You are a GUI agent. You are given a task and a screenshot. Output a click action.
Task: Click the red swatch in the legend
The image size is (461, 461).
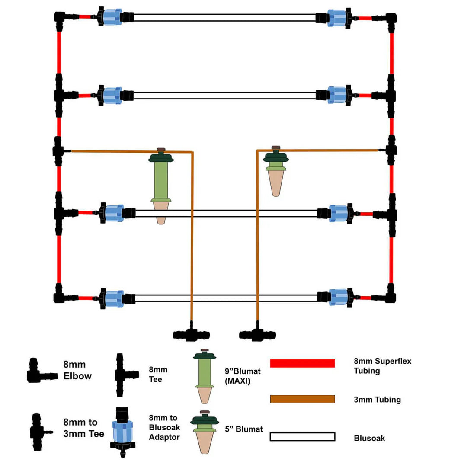[x=302, y=363]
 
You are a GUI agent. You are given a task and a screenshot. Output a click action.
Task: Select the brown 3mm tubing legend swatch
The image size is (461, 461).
[x=302, y=399]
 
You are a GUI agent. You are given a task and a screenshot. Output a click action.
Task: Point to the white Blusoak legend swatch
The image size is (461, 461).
[x=302, y=437]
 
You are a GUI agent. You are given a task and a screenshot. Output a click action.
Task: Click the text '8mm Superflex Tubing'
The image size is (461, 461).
[x=382, y=366]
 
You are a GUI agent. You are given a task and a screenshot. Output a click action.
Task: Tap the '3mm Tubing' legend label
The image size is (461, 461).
[x=377, y=400]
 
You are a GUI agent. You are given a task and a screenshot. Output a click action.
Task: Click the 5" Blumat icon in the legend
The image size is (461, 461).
[x=204, y=430]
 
